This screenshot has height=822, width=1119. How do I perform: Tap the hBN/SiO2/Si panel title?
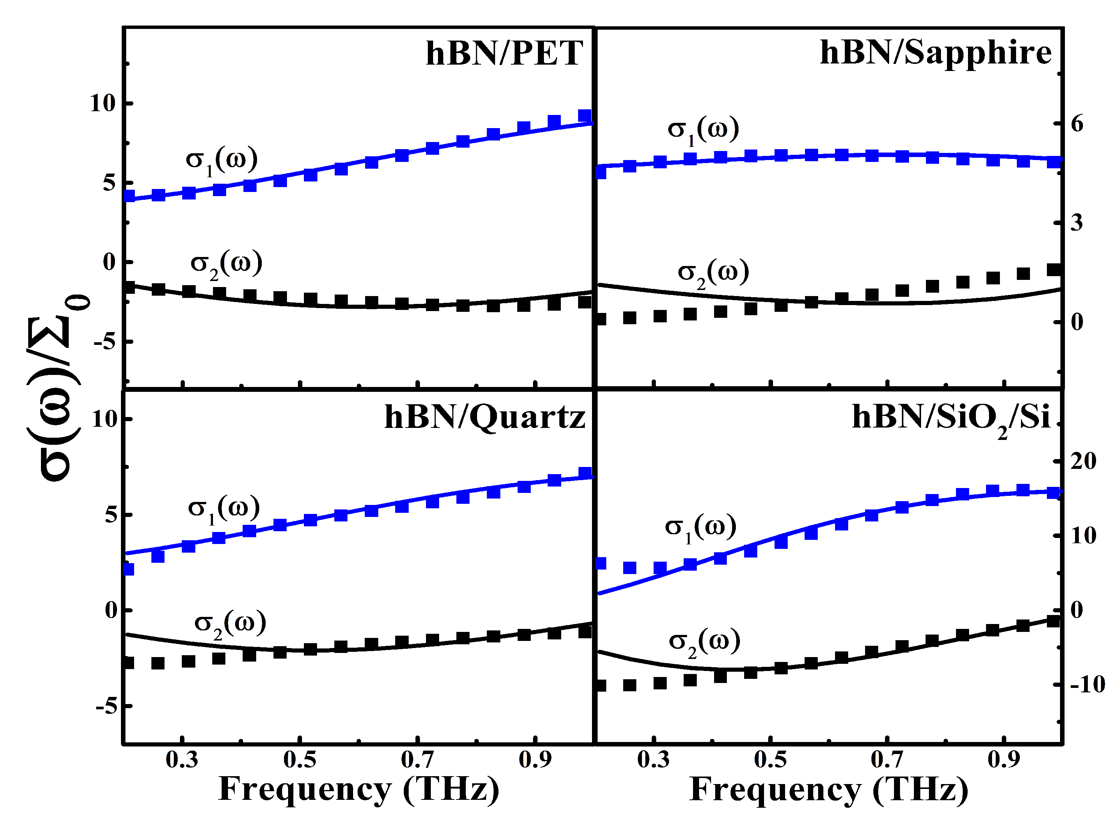pos(950,418)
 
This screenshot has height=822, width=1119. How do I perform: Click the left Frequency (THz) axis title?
pos(359,789)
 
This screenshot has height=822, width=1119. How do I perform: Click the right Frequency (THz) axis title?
pos(828,789)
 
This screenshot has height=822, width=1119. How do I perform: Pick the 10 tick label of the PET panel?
pos(102,103)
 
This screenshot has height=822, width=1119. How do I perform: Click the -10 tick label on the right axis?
pos(1087,684)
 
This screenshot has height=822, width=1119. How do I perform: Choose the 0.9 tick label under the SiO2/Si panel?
pos(1004,759)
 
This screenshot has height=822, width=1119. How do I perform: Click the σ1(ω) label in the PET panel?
pos(221,161)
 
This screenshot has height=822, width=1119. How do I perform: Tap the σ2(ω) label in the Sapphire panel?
pos(713,273)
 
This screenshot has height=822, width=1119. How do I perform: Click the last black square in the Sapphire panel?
pos(1053,270)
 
